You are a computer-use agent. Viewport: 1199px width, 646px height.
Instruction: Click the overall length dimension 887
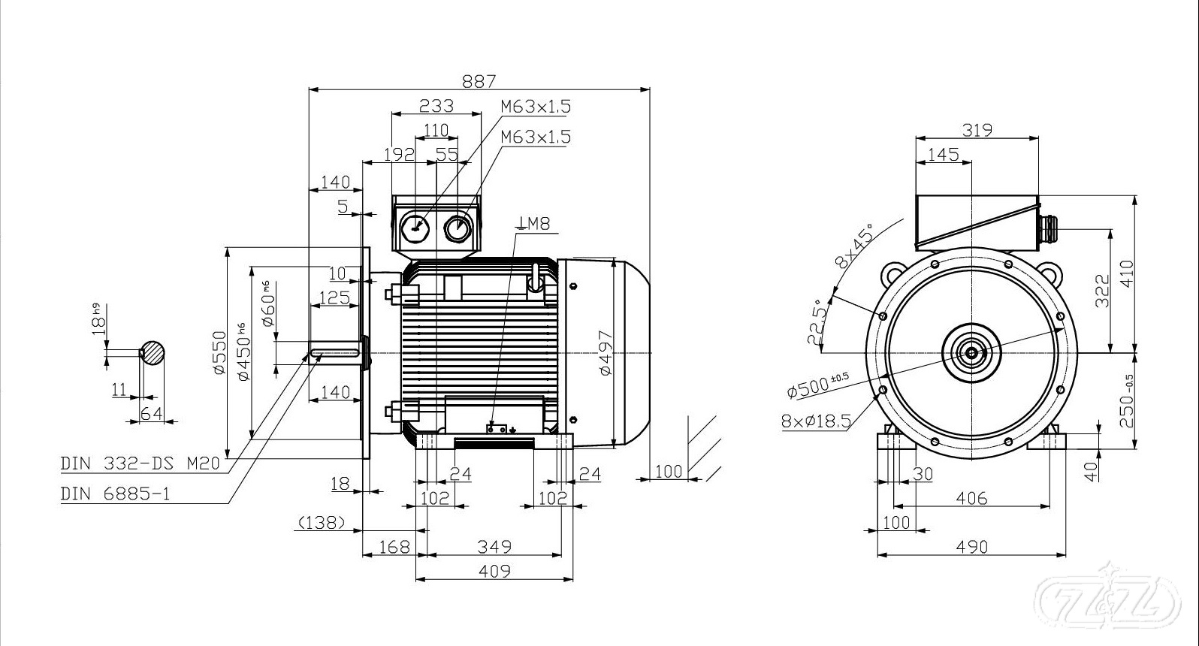pyautogui.click(x=479, y=81)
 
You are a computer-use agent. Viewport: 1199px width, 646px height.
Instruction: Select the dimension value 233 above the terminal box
pyautogui.click(x=436, y=105)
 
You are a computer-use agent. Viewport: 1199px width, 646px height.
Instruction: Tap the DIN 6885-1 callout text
pyautogui.click(x=116, y=494)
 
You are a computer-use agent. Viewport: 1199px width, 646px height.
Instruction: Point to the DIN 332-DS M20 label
pyautogui.click(x=140, y=463)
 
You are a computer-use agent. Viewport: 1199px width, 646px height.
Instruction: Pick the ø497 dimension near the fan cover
pyautogui.click(x=606, y=352)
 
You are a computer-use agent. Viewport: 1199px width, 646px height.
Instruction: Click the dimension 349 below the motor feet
pyautogui.click(x=494, y=547)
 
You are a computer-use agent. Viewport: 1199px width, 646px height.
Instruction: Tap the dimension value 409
pyautogui.click(x=494, y=571)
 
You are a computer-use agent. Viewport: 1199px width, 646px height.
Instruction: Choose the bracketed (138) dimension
pyautogui.click(x=322, y=522)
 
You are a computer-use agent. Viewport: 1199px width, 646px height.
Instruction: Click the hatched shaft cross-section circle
pyautogui.click(x=153, y=352)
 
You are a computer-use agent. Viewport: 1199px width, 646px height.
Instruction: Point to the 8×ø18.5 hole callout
pyautogui.click(x=816, y=421)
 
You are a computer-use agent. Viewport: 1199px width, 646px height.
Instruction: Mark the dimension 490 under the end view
pyautogui.click(x=971, y=547)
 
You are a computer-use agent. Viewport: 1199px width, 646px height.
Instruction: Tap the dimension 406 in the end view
pyautogui.click(x=971, y=498)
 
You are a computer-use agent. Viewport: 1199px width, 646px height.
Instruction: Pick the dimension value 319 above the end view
pyautogui.click(x=977, y=130)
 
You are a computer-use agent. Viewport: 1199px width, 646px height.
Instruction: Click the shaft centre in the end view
pyautogui.click(x=971, y=352)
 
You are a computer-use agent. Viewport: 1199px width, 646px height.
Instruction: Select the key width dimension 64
pyautogui.click(x=152, y=413)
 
